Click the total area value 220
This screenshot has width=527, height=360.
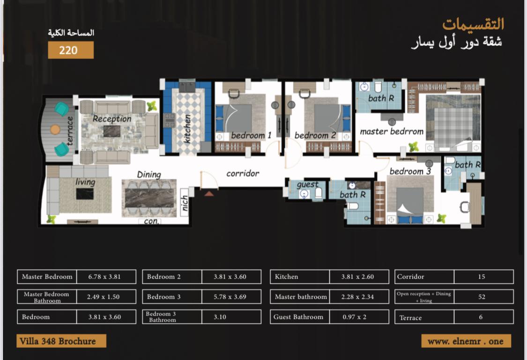[68, 51]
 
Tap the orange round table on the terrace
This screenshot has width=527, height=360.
[55, 129]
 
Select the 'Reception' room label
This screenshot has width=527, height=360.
[112, 118]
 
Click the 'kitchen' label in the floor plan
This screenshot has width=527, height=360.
[187, 129]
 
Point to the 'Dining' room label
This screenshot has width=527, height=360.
[149, 175]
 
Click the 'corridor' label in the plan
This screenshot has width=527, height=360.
[243, 174]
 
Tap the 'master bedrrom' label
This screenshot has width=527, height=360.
[392, 131]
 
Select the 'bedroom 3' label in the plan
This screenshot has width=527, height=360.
[410, 171]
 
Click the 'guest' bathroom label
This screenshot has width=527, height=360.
[307, 184]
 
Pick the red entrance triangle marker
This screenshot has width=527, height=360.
[209, 193]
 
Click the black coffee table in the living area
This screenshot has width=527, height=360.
[85, 194]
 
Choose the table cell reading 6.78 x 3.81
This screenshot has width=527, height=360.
[104, 277]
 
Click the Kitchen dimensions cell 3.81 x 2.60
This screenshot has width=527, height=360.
[357, 277]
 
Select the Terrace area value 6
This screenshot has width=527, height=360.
[481, 317]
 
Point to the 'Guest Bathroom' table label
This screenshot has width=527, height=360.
[298, 316]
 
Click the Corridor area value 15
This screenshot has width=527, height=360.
[481, 277]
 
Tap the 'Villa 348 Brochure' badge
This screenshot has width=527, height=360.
[61, 341]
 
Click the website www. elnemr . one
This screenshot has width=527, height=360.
[466, 341]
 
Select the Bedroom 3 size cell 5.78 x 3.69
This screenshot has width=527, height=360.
[230, 297]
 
